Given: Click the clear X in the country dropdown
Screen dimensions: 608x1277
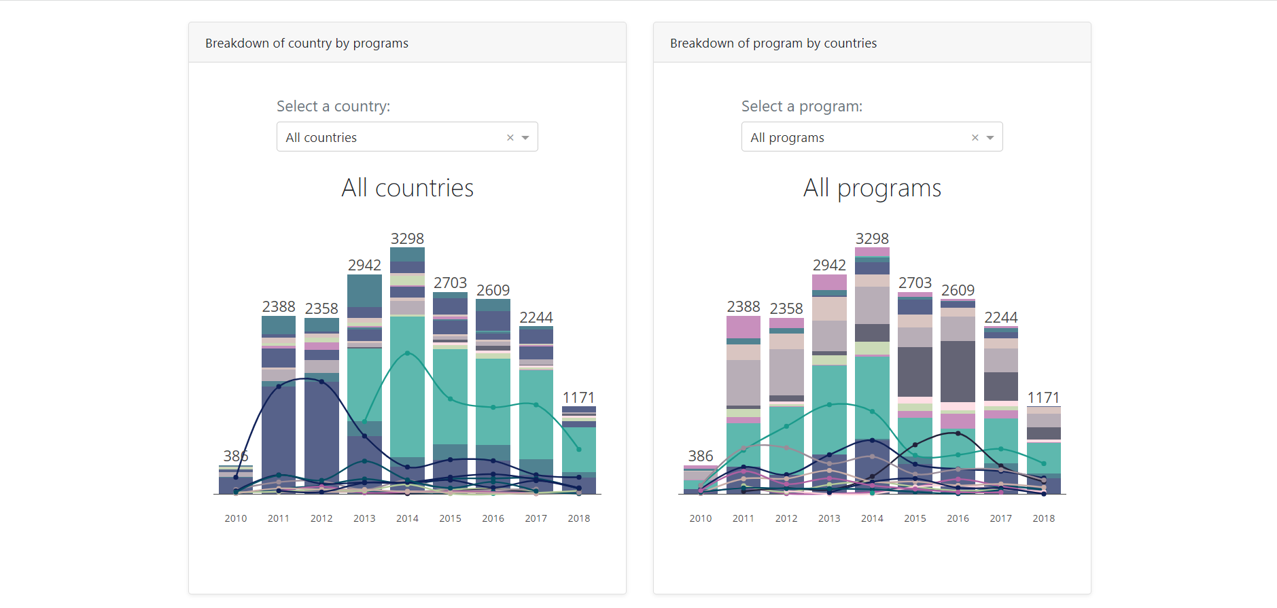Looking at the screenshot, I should pos(510,137).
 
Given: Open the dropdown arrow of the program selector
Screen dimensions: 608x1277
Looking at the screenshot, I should pos(990,137).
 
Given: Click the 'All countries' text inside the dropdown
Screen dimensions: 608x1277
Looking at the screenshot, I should pos(321,137).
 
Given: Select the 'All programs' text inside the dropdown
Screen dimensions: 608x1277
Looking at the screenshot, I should pos(787,137).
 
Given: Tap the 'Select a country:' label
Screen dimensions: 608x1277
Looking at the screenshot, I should pos(333,106).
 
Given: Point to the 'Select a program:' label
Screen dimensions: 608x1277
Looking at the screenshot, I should pos(801,106).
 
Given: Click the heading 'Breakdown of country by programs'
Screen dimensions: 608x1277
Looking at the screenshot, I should pos(307,43).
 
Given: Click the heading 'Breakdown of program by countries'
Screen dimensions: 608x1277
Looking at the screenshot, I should pos(773,43).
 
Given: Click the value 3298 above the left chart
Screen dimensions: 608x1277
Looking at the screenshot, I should pos(407,238).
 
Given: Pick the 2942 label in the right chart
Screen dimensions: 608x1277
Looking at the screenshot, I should pos(829,265).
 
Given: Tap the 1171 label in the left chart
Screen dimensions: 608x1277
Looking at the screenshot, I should pos(578,397).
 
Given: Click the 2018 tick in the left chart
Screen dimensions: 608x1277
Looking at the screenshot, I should pos(578,518).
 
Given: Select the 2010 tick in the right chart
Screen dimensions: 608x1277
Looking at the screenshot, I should pos(700,518).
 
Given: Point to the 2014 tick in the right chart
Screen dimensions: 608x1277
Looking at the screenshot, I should pos(872,518).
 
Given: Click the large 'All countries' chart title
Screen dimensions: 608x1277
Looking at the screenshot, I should pos(407,187).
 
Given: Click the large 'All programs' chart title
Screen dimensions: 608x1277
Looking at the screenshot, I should pos(872,187).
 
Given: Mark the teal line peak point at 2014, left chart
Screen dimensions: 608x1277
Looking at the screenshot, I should pos(407,353).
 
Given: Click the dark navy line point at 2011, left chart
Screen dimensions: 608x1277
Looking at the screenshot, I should pos(279,386).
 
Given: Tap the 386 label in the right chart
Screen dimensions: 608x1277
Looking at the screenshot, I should pos(700,456).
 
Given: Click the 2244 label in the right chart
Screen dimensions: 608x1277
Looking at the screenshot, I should pos(1000,317).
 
